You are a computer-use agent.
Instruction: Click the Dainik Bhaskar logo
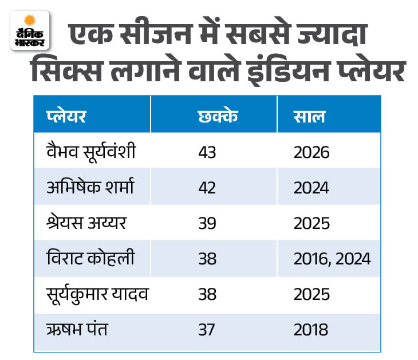tap(30, 30)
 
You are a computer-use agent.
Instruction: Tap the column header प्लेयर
tap(66, 116)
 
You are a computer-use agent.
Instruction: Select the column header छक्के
tap(218, 116)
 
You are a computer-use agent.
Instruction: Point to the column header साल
tap(309, 117)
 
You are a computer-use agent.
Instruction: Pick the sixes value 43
tap(207, 153)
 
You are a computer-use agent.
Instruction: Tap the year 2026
tap(311, 153)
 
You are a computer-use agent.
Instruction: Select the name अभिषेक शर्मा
tap(90, 187)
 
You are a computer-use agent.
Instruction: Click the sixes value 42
tap(207, 188)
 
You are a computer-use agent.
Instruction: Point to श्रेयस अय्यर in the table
tap(86, 223)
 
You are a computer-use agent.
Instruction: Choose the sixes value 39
tap(207, 223)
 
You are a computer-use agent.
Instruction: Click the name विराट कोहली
tap(90, 258)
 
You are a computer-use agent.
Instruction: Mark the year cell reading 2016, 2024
tap(332, 259)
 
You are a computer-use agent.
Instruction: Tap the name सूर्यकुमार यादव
tap(97, 294)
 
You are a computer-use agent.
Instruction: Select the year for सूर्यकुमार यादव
tap(311, 294)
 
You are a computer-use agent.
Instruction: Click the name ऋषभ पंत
tap(77, 329)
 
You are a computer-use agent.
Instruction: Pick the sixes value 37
tap(206, 330)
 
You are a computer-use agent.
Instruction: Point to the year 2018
tap(311, 330)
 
